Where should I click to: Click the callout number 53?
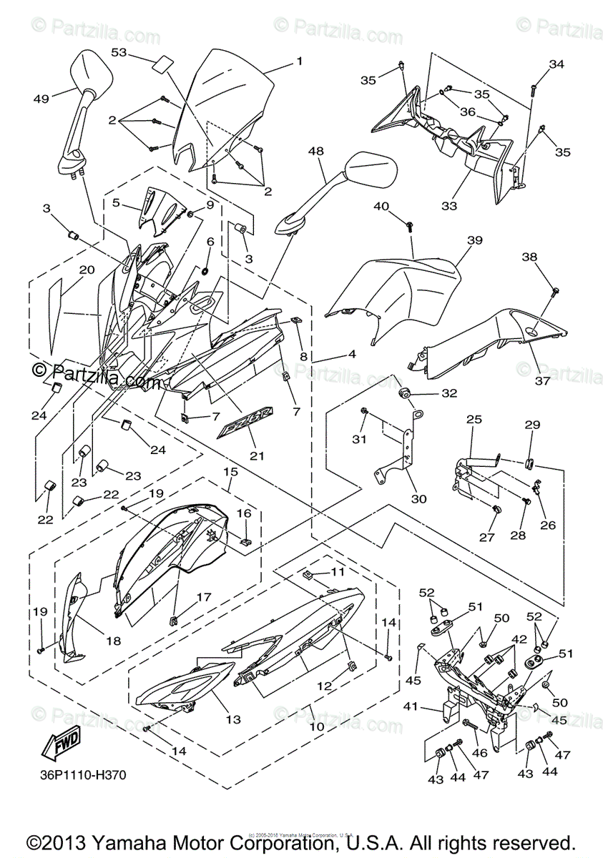click(119, 52)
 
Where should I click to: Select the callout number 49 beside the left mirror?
click(41, 99)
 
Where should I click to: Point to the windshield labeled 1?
click(229, 100)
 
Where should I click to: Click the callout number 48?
click(316, 151)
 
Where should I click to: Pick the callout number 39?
click(475, 240)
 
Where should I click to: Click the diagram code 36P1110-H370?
click(78, 774)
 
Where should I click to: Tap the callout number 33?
click(448, 206)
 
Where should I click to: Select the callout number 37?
click(542, 380)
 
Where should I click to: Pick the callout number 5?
click(116, 202)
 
